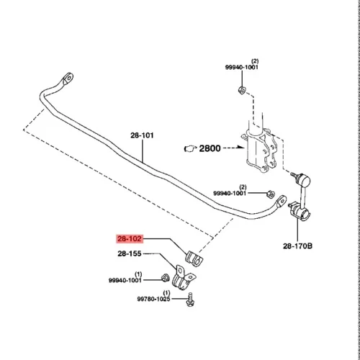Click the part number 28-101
point(142,135)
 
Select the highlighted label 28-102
point(130,239)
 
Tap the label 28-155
point(130,253)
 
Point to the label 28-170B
point(297,246)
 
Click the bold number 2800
point(210,148)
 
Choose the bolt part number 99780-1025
point(153,299)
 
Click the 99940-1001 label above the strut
point(242,67)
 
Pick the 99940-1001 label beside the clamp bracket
point(125,280)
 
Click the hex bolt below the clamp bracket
point(190,300)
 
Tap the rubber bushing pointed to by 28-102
point(194,258)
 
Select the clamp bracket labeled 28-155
point(184,278)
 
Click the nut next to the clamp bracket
point(165,278)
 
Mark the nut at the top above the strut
point(242,90)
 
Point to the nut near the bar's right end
point(271,194)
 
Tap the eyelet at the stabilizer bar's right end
point(281,201)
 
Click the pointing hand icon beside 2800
point(190,149)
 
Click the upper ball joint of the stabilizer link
point(305,181)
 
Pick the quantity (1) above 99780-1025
point(166,293)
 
